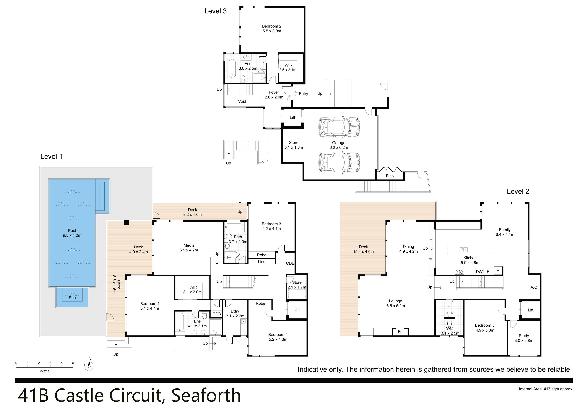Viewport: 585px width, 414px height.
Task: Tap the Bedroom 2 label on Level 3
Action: pos(272,29)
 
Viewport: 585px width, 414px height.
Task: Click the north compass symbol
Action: pos(89,366)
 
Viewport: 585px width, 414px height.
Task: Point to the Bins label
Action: pos(390,176)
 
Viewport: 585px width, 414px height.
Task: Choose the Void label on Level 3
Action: pos(242,101)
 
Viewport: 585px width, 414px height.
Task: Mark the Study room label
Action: pos(524,338)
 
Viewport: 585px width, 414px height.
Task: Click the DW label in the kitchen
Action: pos(479,272)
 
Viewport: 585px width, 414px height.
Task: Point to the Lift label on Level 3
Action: pos(292,117)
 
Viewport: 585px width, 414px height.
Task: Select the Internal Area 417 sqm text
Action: pos(545,389)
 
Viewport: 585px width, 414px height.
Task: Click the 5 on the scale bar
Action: pos(73,363)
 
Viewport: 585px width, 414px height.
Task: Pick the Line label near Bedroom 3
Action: pos(261,262)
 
